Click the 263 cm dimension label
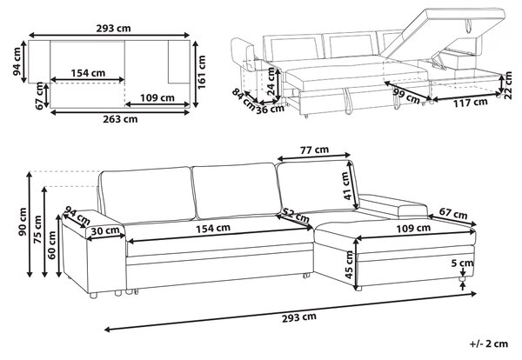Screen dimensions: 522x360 (120, 119)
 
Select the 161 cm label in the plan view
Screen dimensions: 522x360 (202, 72)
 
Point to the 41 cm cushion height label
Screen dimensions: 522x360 (347, 186)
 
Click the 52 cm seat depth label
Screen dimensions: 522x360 (296, 216)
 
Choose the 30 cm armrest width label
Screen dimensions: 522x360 (105, 230)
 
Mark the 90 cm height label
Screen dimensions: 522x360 (23, 222)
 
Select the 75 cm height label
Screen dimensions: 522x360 (37, 230)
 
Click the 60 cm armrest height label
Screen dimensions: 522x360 (52, 245)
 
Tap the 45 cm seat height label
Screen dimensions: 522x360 (349, 264)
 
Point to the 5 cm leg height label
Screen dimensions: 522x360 (462, 263)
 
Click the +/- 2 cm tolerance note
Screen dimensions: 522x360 (489, 343)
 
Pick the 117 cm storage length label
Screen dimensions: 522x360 (471, 103)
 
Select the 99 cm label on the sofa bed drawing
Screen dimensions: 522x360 (405, 96)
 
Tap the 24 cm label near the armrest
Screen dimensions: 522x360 (271, 82)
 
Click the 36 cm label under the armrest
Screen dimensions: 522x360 (270, 110)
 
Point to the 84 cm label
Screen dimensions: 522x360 (244, 97)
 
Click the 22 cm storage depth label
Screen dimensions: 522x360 (508, 85)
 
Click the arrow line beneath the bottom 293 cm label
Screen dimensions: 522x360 (291, 311)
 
